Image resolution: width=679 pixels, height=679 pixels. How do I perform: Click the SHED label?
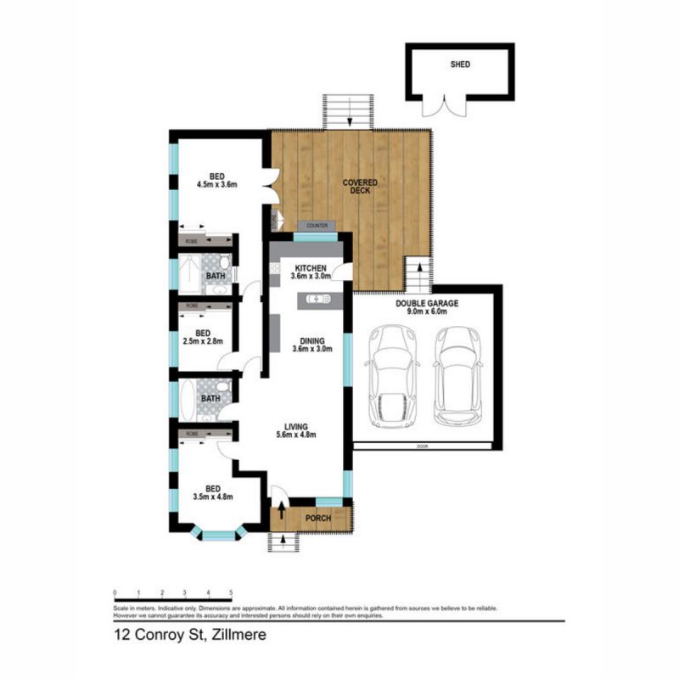pos(459,64)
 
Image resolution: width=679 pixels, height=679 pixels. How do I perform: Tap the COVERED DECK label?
pos(360,187)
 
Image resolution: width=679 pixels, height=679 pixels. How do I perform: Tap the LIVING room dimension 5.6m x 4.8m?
pos(296,435)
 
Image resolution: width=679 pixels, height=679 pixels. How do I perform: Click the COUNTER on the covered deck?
pos(317,226)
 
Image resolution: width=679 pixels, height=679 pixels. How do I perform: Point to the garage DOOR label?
pos(422,446)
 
